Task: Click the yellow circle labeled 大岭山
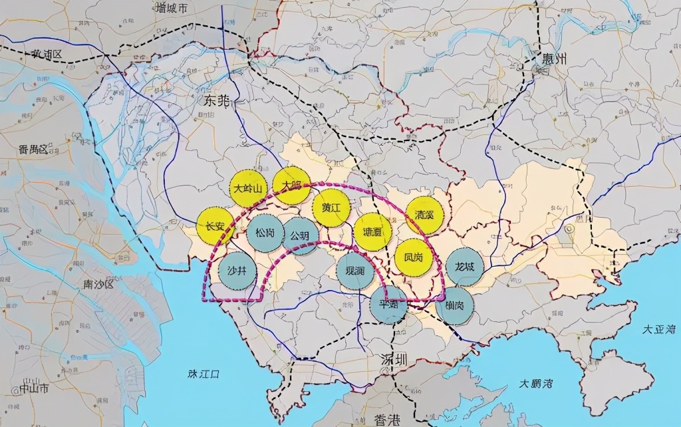249,188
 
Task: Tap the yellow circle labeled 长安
215,226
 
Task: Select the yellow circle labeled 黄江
331,207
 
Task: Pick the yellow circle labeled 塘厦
372,232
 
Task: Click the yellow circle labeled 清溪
424,215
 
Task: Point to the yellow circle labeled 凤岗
414,257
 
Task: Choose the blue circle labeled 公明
300,235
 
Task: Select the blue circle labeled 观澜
356,271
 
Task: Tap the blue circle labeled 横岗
455,305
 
